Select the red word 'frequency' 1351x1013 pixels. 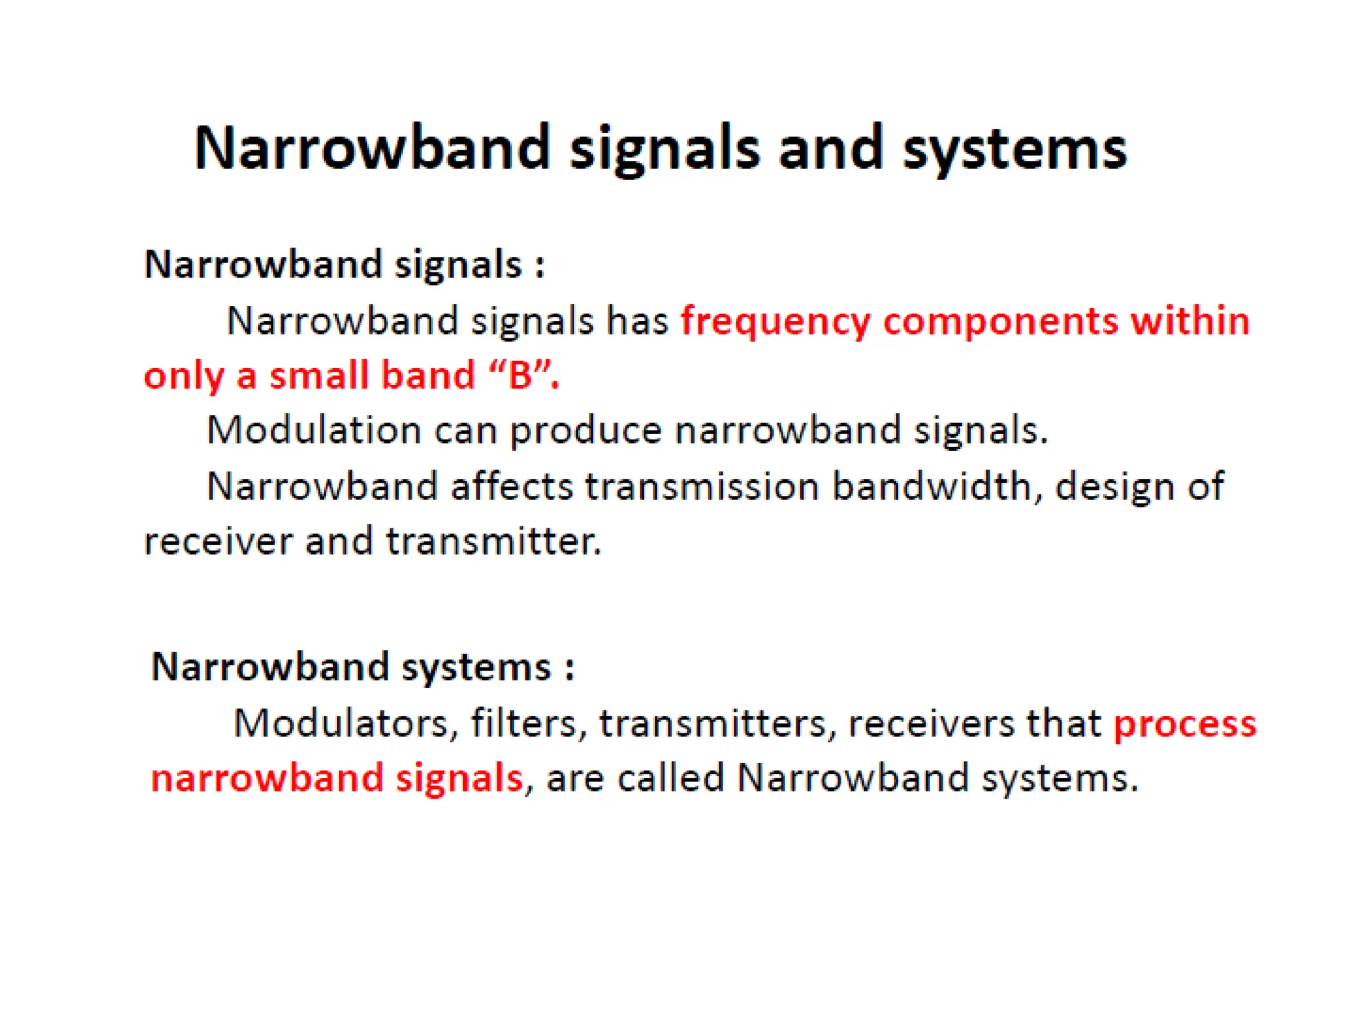[x=775, y=322]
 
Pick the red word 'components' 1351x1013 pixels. [x=1000, y=321]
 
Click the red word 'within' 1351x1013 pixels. [x=1190, y=321]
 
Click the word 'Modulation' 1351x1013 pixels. [x=314, y=430]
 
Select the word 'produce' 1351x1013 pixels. [x=586, y=431]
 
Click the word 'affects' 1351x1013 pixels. [x=512, y=487]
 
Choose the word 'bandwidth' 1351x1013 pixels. [x=931, y=487]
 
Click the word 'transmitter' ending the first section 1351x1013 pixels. [x=493, y=541]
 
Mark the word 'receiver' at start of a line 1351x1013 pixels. [x=218, y=543]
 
